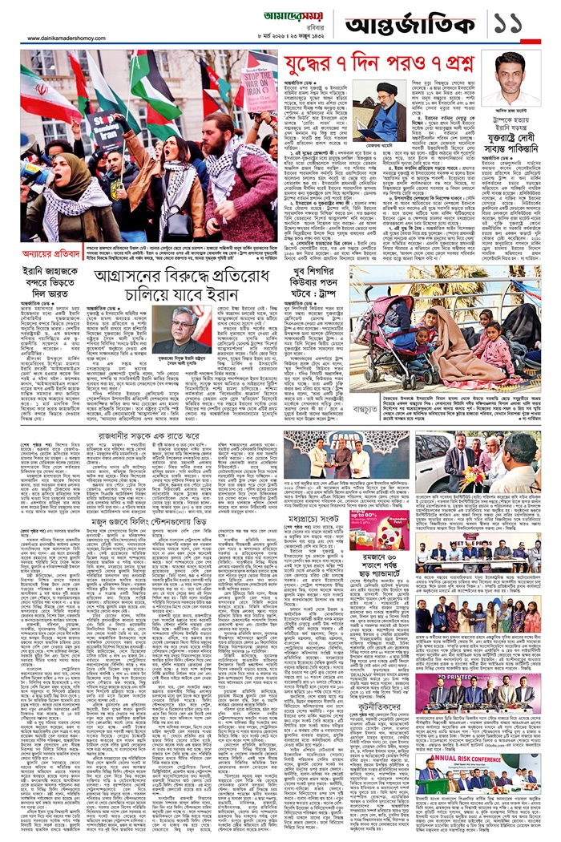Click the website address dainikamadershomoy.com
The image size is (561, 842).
pos(72,38)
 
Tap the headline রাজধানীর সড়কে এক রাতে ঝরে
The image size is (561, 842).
pos(144,437)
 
